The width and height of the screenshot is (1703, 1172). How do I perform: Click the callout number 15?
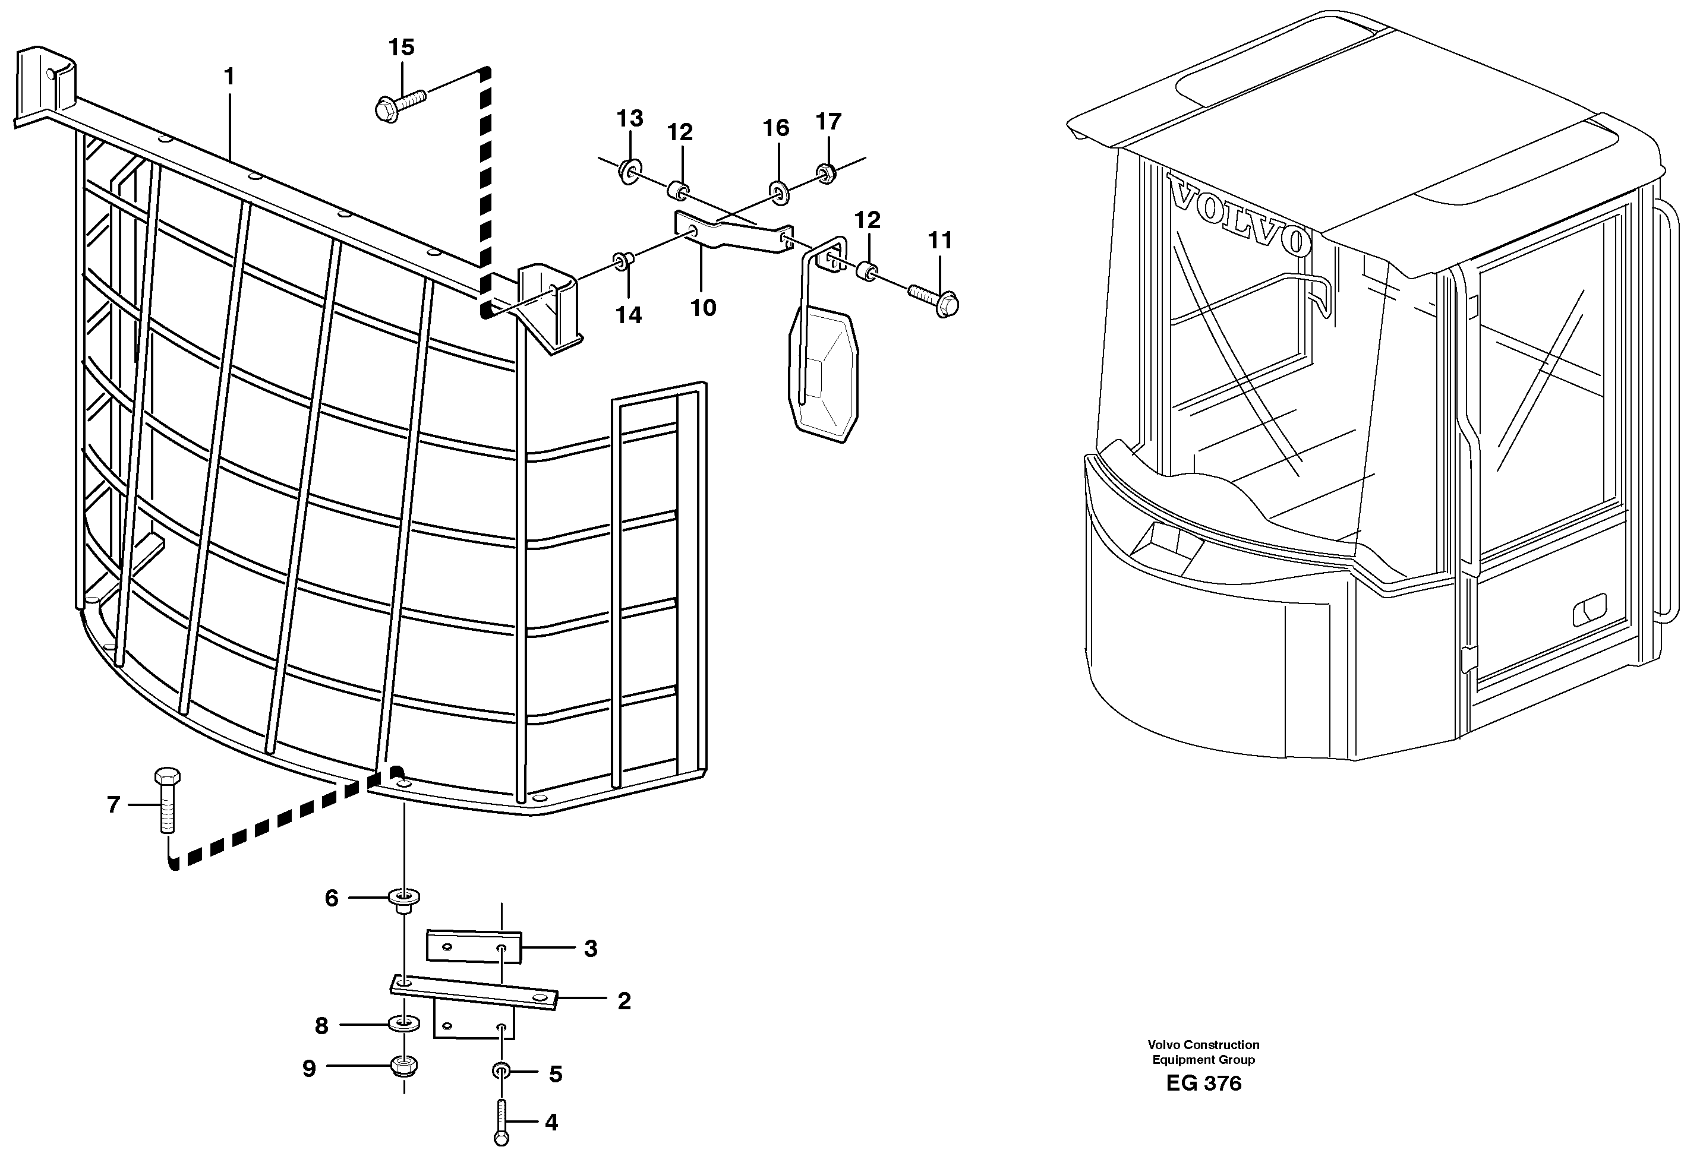401,48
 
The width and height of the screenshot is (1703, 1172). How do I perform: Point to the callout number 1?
229,77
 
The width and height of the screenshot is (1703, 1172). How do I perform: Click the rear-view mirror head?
823,374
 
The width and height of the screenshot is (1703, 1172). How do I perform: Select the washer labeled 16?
778,192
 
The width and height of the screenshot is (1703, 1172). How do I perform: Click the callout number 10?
703,308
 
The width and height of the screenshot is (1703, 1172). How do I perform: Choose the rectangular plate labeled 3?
474,946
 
